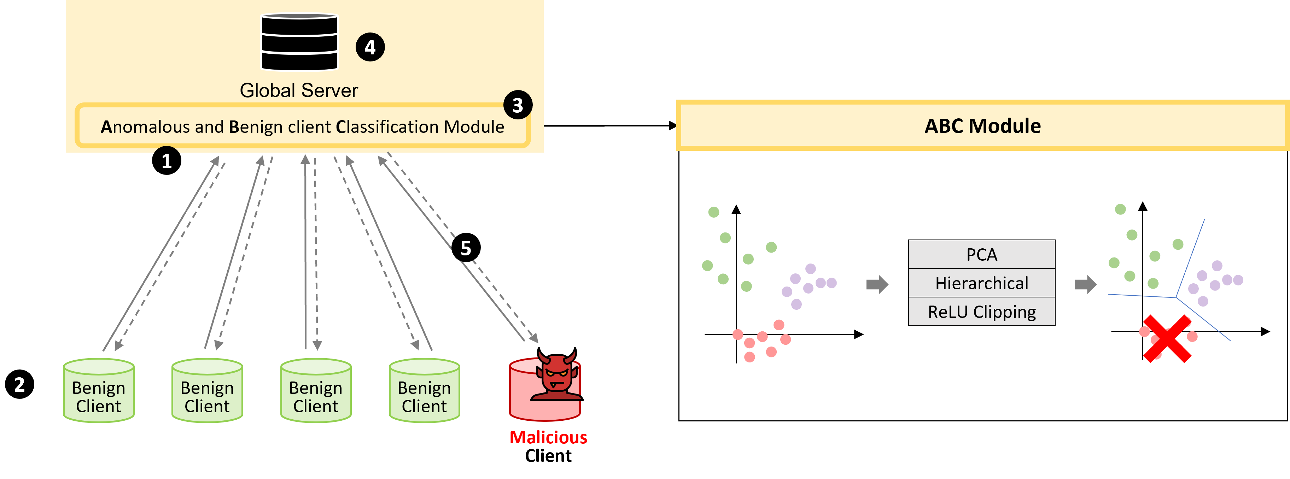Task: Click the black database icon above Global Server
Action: pyautogui.click(x=299, y=42)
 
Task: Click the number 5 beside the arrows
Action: pyautogui.click(x=466, y=248)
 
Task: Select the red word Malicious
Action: pyautogui.click(x=548, y=437)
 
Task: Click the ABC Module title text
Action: pyautogui.click(x=982, y=126)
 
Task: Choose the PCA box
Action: pyautogui.click(x=981, y=255)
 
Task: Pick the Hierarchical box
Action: pyautogui.click(x=981, y=283)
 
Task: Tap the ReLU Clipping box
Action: pyautogui.click(x=981, y=312)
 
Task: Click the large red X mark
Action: pyautogui.click(x=1167, y=338)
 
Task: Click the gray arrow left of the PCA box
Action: pyautogui.click(x=877, y=284)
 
